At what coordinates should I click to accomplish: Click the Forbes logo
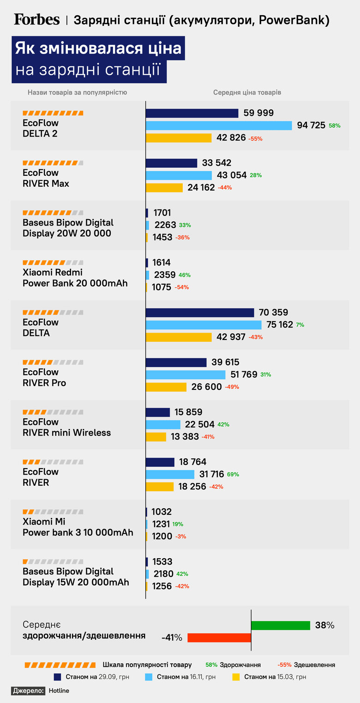coord(36,19)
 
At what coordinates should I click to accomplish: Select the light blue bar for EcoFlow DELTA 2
coord(219,125)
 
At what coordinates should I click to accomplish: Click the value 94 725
coord(311,125)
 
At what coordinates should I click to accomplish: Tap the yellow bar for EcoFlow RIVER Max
coord(164,188)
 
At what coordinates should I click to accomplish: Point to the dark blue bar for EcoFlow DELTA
coord(199,313)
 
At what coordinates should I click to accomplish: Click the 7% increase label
coord(300,325)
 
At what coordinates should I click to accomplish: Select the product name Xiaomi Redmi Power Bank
coord(75,278)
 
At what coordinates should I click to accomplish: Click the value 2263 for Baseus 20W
coord(165,225)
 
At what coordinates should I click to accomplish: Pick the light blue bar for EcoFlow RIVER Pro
coord(186,375)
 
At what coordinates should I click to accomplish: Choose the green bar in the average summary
coord(281,626)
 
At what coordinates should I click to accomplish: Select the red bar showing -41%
coord(219,637)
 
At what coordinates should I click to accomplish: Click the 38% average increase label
coord(324,626)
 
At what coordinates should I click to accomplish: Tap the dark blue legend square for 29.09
coord(58,677)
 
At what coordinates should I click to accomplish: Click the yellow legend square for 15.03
coord(236,677)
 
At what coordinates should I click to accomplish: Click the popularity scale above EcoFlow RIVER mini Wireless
coord(53,411)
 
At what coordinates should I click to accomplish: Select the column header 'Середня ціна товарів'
coord(247,92)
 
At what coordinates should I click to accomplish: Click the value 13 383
coord(185,437)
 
